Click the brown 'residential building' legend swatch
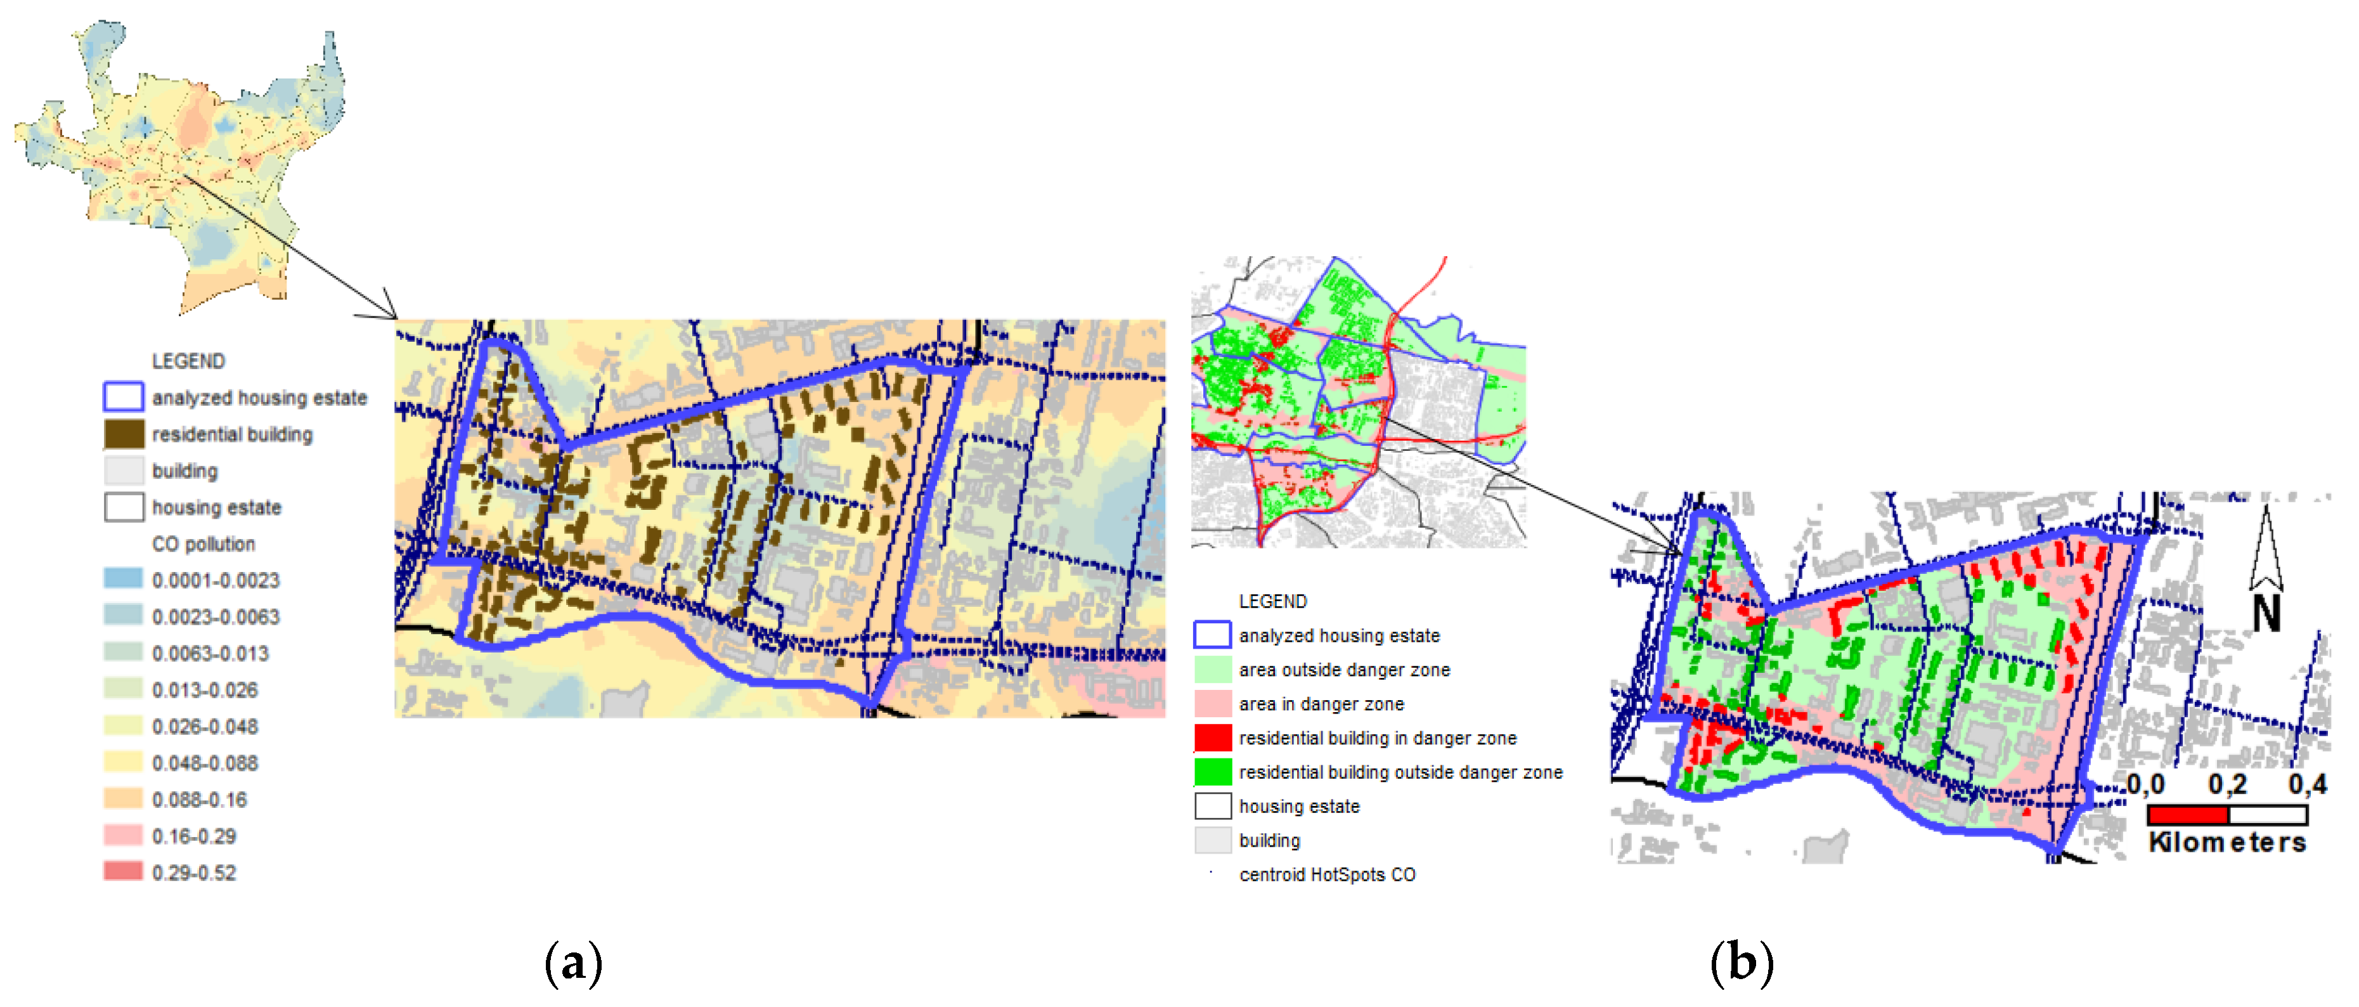(x=124, y=434)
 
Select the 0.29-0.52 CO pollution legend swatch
(x=124, y=871)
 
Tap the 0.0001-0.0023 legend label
(x=215, y=580)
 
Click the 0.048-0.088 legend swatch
(x=124, y=762)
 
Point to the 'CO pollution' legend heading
(x=204, y=543)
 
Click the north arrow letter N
(x=2266, y=613)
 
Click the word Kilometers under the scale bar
(x=2227, y=843)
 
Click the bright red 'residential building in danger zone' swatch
(x=1213, y=737)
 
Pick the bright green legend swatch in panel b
(x=1213, y=772)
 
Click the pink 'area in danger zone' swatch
(x=1213, y=704)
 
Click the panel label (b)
(x=1742, y=964)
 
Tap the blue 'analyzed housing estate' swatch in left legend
(x=124, y=397)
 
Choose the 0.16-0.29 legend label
(x=194, y=836)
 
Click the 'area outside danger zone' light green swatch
(x=1213, y=670)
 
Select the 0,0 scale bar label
(x=2145, y=784)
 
